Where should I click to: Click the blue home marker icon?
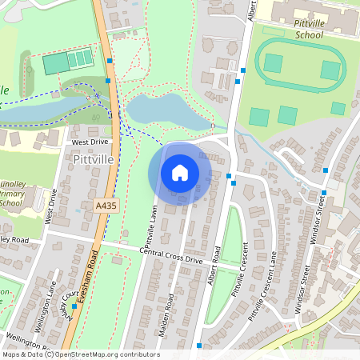[180, 172]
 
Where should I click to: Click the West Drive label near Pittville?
[89, 142]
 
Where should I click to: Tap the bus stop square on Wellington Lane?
[74, 306]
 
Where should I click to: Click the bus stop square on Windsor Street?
[324, 192]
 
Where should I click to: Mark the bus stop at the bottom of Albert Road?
[198, 346]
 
